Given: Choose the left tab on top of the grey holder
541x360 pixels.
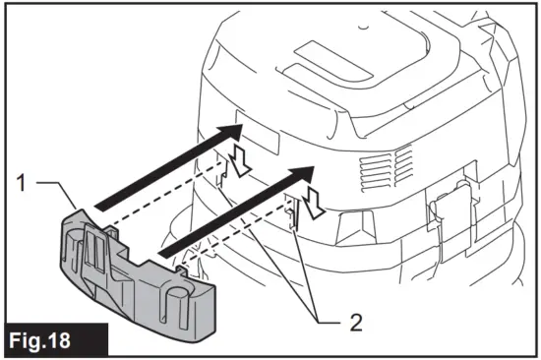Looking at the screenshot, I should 110,229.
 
